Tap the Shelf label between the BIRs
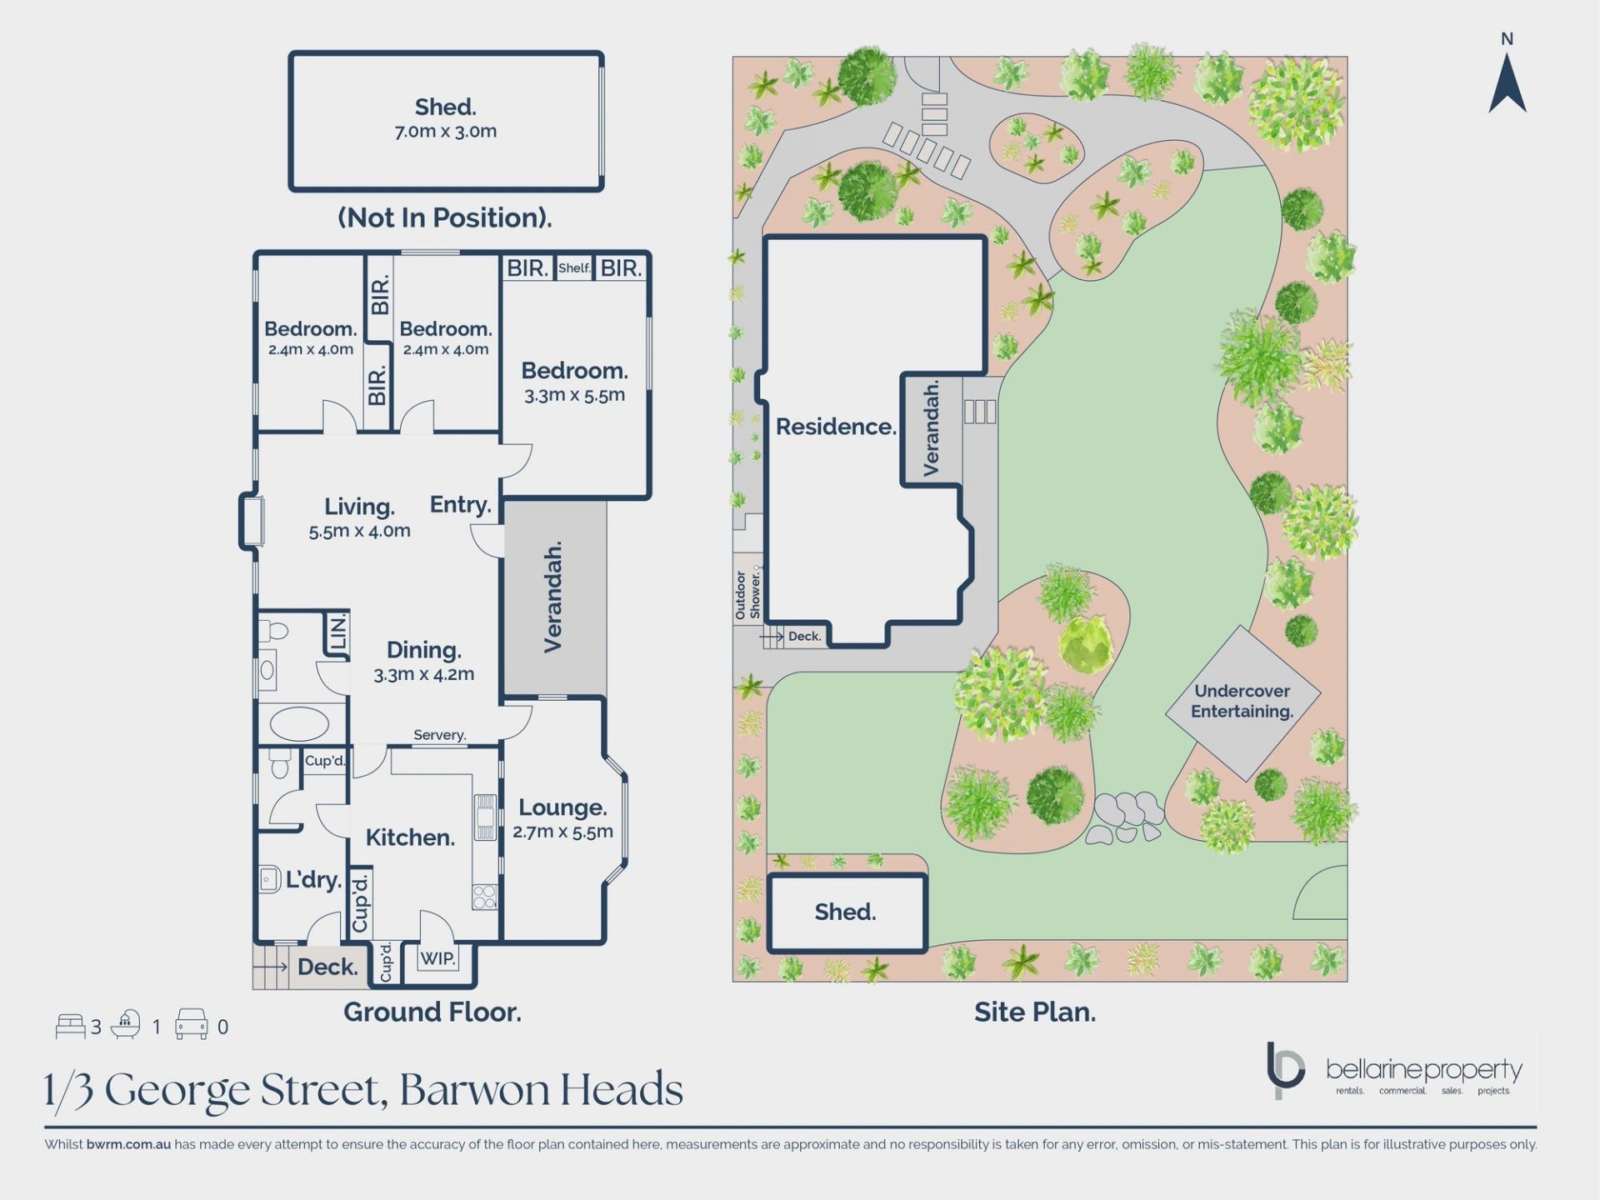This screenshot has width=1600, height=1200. point(574,268)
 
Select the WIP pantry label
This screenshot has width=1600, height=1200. point(437,958)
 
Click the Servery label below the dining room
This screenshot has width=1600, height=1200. point(439,735)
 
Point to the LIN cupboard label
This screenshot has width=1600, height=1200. point(338,634)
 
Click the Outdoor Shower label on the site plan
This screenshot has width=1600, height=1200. point(748,595)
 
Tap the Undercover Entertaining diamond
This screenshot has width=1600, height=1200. point(1242,702)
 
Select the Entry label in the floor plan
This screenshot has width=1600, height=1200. point(460,505)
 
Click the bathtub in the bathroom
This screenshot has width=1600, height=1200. point(300,723)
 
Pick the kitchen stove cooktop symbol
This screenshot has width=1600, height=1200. point(485,897)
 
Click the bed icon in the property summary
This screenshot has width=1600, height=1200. point(70,1026)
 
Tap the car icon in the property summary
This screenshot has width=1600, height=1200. point(191,1024)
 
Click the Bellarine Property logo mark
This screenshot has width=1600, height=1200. point(1284,1070)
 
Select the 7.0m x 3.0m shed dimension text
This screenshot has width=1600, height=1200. point(446,132)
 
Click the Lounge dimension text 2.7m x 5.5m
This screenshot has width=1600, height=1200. point(563,832)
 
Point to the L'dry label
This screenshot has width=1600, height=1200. point(313,880)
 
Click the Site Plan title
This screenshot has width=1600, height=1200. point(1035,1012)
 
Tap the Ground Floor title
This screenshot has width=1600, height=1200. point(432,1012)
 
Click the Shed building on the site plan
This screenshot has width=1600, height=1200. point(847,913)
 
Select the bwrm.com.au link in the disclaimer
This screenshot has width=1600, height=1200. point(128,1144)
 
